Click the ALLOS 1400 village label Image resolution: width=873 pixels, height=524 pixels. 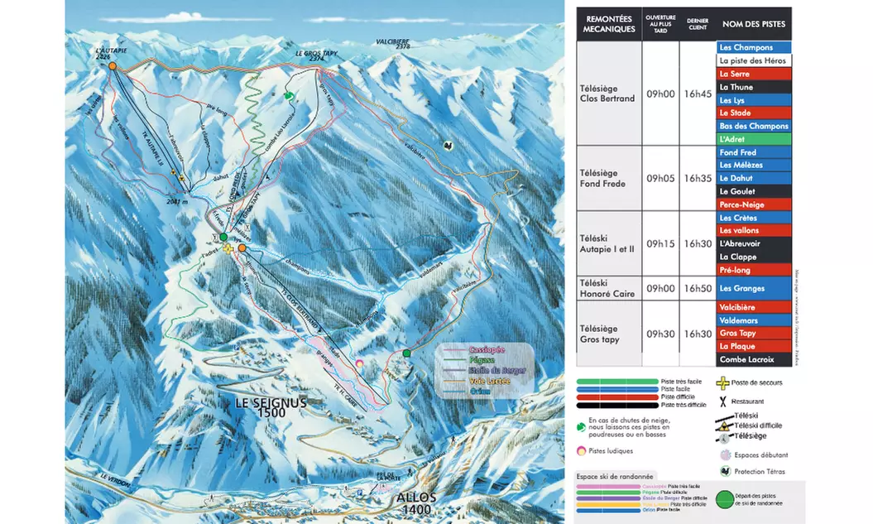pos(415,503)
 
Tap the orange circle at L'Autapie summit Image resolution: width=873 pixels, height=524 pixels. pos(113,65)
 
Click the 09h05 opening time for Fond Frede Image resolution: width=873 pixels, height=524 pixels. pos(660,178)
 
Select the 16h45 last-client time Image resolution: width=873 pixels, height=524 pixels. pos(697,94)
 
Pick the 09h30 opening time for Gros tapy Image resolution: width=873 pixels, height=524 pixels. pos(660,334)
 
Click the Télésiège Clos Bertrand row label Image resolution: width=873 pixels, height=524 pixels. pos(607,94)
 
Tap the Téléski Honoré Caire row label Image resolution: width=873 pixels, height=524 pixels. pos(607,288)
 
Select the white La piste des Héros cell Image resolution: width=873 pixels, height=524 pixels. pos(753,60)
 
